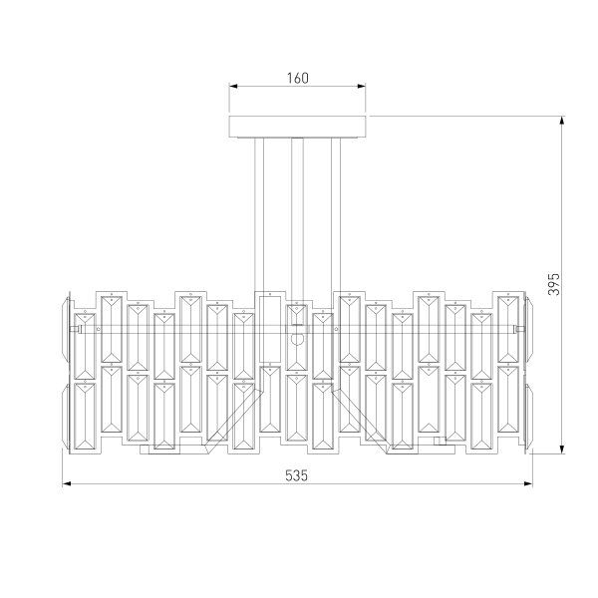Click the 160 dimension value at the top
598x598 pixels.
point(296,77)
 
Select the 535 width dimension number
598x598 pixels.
point(296,475)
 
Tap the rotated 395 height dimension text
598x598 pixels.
point(555,285)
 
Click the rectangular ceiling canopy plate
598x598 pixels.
point(298,127)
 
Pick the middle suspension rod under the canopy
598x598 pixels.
point(297,214)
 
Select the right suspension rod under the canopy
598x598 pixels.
point(338,214)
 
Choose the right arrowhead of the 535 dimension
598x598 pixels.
point(527,485)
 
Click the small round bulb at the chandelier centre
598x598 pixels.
point(296,337)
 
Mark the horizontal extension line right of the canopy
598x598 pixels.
point(468,117)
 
